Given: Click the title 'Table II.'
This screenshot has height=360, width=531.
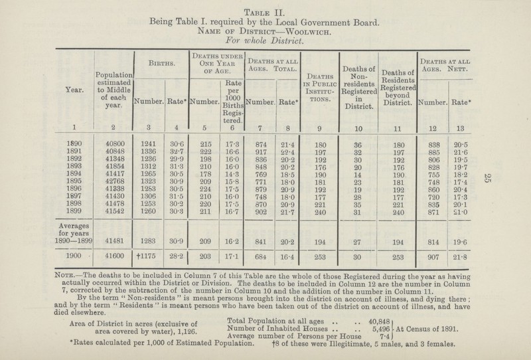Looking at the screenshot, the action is [x=266, y=8].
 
